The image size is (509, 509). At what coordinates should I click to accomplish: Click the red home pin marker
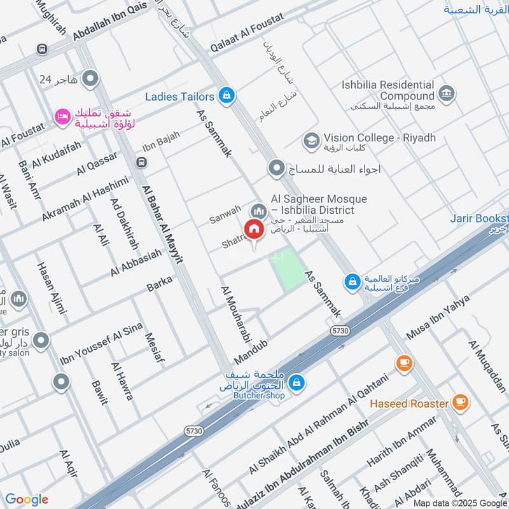point(254,230)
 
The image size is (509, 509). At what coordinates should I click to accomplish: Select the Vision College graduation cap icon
point(311,139)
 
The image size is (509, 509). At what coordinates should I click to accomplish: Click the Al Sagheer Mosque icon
point(258,210)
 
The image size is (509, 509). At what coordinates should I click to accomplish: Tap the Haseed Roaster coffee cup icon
point(460,402)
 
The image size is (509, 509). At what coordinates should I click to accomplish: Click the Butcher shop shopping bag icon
point(295,382)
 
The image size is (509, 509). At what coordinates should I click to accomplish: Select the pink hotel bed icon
point(62,116)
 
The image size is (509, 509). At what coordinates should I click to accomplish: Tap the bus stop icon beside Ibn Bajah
point(141,163)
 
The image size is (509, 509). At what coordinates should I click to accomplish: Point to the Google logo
point(27,499)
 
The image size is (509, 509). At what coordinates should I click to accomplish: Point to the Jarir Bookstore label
point(480,217)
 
